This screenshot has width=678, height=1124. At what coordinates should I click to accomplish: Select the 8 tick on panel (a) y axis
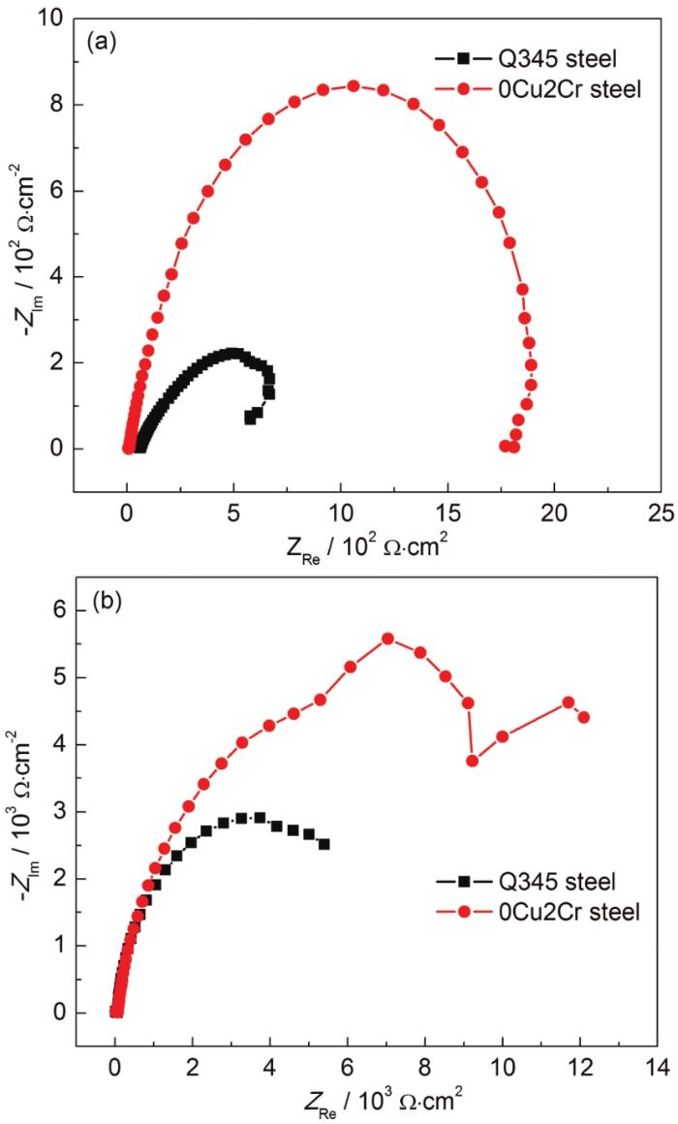pyautogui.click(x=57, y=105)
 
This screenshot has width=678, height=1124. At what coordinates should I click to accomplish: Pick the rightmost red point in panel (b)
pyautogui.click(x=584, y=717)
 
